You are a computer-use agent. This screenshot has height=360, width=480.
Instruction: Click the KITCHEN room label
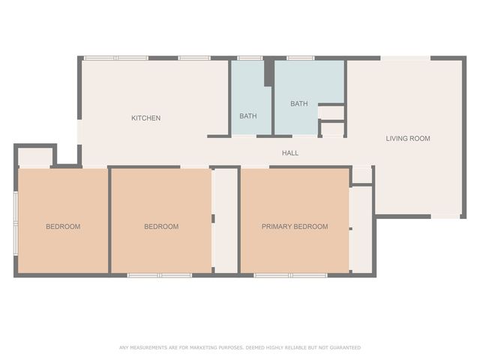145,118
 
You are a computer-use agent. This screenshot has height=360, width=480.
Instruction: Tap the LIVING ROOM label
408,138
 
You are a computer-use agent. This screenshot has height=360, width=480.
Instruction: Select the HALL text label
290,153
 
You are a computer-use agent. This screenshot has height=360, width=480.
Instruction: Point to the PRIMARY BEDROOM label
295,226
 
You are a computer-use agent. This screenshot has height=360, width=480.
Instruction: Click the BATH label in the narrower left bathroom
248,116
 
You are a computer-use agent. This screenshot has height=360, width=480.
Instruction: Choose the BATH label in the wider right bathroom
299,103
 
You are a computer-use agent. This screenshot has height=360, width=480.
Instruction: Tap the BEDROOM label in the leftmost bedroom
63,226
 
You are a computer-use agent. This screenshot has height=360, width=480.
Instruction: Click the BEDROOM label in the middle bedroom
161,226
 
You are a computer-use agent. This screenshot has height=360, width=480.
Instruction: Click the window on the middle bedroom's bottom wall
160,275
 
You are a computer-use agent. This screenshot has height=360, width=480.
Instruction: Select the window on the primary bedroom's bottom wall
290,275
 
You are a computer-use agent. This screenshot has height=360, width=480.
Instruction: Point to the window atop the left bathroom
250,58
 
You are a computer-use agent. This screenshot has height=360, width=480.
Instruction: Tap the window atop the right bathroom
301,58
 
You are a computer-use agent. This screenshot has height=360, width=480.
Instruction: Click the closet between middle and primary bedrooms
226,220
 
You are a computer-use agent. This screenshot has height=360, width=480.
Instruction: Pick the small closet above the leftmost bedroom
34,157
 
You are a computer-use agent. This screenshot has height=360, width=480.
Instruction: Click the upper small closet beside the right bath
331,113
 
